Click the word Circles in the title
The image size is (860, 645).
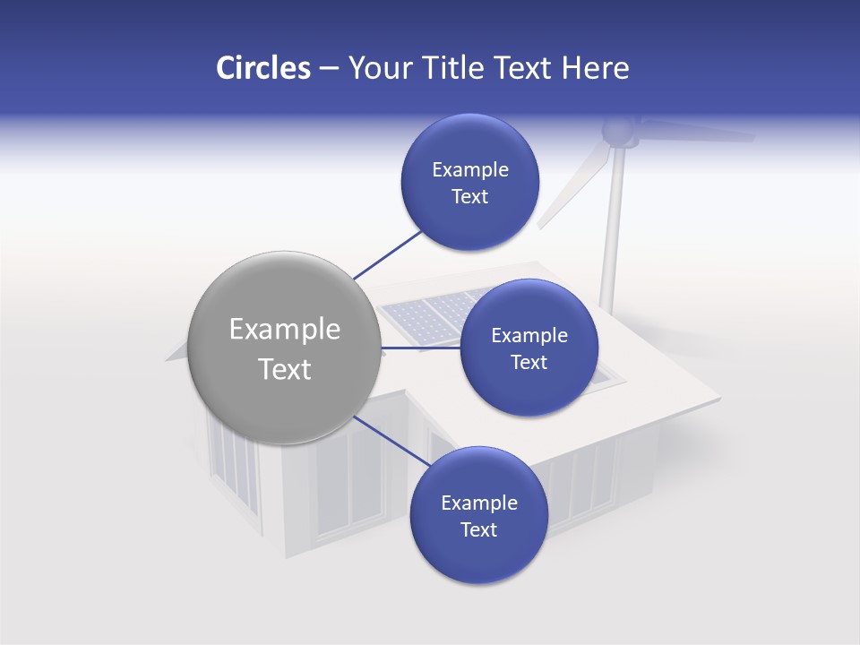(x=262, y=68)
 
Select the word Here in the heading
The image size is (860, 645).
(x=595, y=68)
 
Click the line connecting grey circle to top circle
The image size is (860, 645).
(x=388, y=254)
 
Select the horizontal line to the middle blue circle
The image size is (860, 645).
(x=420, y=348)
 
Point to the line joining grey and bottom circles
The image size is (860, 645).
(x=392, y=442)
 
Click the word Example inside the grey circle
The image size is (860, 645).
(x=285, y=330)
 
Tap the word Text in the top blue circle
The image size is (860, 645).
(x=470, y=197)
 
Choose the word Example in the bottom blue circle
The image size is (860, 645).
(x=478, y=503)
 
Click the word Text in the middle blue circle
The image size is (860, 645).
(x=529, y=362)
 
